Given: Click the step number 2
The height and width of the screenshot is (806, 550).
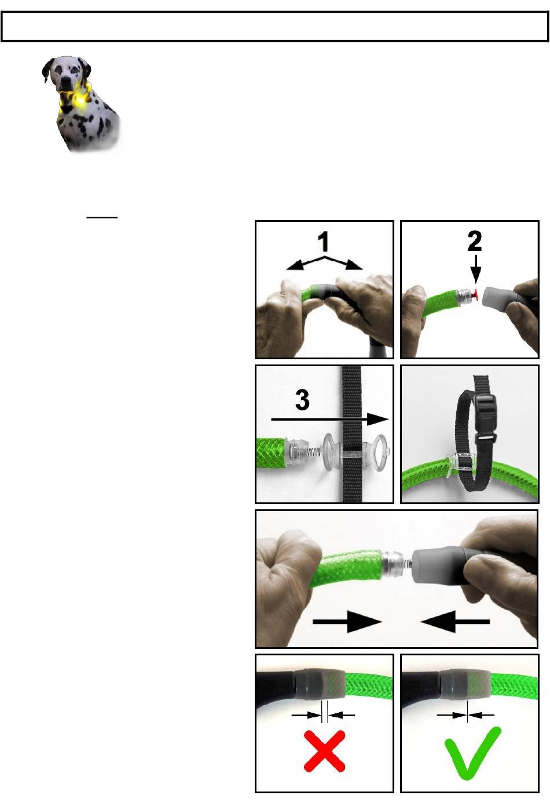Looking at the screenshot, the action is click(475, 240).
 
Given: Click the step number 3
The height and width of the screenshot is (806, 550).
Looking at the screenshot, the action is click(302, 400).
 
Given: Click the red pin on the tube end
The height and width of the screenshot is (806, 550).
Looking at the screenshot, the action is click(475, 294).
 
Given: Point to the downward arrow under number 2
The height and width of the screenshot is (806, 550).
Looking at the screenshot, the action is click(475, 269).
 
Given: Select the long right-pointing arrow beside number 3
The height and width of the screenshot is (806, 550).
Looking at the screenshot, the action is click(330, 419).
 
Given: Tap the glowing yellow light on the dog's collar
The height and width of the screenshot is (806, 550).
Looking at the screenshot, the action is click(82, 102).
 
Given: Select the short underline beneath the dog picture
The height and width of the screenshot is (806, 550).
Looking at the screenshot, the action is click(102, 217).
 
